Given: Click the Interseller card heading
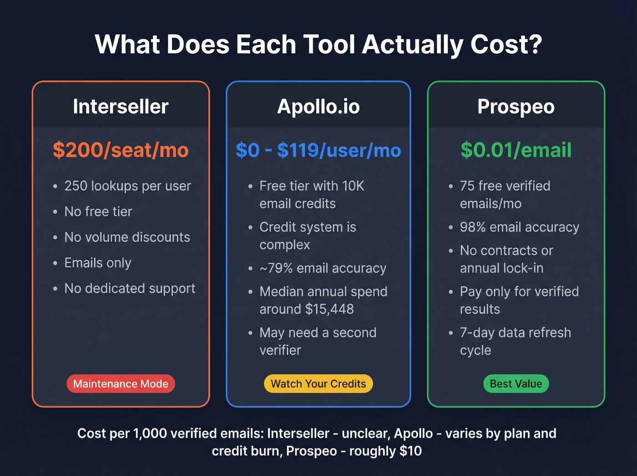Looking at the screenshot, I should [121, 107].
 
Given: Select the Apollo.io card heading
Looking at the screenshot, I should [318, 107].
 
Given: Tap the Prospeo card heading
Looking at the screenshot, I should [516, 107].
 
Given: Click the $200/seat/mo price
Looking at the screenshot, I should [121, 150].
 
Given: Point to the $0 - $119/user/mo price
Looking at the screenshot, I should [318, 150].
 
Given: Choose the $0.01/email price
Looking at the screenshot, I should [516, 150].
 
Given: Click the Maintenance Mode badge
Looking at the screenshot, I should [121, 384].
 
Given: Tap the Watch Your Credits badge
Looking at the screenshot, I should [318, 384].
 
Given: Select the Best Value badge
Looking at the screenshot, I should [516, 384].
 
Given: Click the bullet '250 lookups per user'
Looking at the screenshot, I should [127, 186].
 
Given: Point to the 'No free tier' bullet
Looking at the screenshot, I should [98, 211].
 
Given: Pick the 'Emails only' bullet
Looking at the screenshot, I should [98, 263].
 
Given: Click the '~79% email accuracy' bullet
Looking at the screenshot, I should [323, 268].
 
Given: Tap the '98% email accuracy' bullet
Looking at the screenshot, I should [519, 227].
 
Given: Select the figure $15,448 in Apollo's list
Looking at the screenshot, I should [329, 309].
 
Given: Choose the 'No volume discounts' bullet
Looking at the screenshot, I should [127, 237].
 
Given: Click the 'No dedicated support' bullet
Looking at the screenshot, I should [130, 288].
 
